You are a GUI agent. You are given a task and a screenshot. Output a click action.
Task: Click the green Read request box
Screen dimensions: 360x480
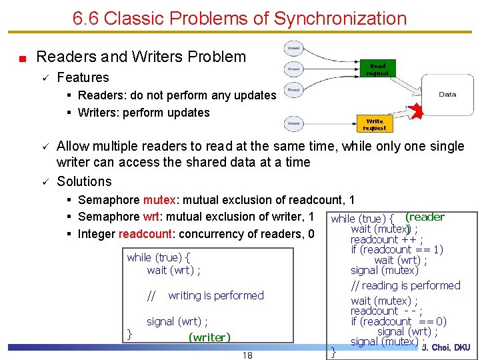coord(377,69)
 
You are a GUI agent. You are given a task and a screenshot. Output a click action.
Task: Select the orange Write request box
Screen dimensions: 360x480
coord(375,124)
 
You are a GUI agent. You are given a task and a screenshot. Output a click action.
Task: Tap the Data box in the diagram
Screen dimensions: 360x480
coord(447,95)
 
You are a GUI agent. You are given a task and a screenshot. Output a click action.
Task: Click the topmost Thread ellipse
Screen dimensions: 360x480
coord(293,48)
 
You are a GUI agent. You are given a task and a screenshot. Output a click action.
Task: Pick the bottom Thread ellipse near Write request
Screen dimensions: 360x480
coord(293,123)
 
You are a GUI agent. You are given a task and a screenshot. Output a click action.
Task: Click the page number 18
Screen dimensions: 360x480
coord(247,355)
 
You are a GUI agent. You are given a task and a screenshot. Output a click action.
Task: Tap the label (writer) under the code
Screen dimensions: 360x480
coord(209,337)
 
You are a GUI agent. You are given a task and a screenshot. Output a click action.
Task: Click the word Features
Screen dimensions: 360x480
coord(83,77)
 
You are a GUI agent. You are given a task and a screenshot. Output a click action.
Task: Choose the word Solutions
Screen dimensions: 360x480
coord(84,181)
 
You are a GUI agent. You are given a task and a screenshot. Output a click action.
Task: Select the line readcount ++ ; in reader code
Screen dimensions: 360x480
coord(386,239)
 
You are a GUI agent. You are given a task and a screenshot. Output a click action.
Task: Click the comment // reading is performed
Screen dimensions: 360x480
coord(405,285)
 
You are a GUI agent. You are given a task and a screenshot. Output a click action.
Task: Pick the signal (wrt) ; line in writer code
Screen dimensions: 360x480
coord(177,321)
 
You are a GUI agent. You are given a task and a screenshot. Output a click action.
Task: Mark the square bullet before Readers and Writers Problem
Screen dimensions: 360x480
coord(22,58)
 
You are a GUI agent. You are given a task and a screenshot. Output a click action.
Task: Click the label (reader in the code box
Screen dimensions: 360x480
coord(425,217)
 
